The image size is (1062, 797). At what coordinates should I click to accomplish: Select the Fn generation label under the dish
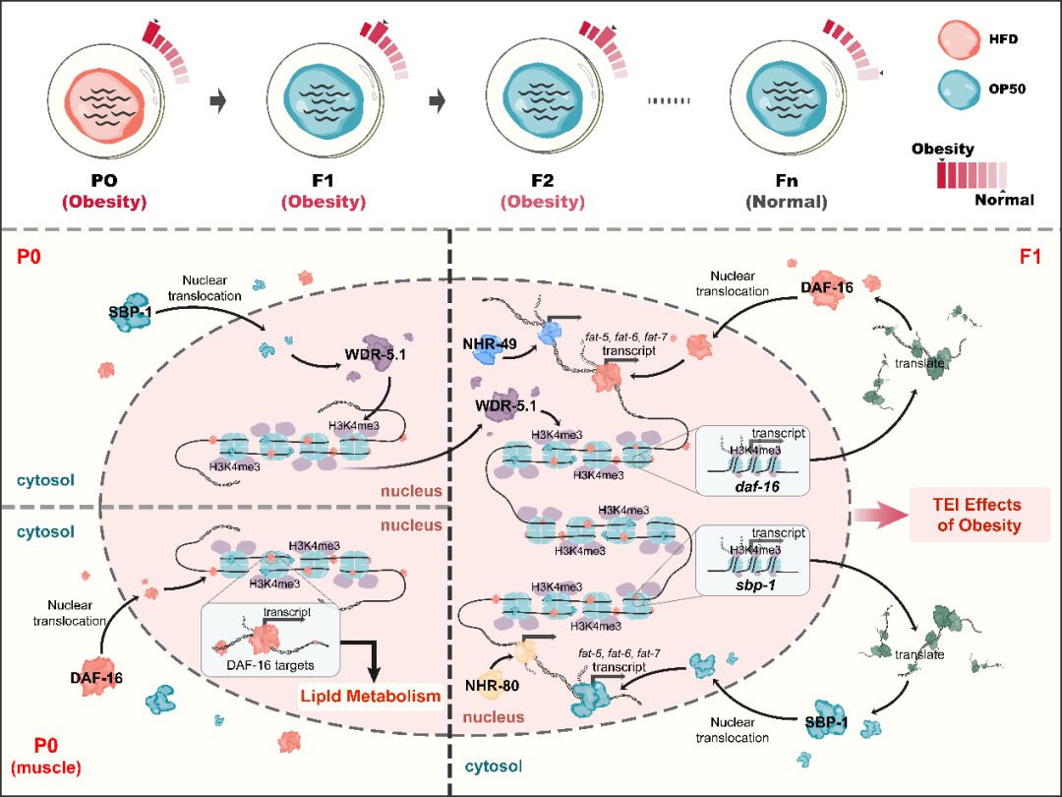coord(786,181)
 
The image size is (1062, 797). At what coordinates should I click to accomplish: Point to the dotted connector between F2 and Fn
coord(673,99)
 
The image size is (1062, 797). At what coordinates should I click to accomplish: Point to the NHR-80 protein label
coord(490,686)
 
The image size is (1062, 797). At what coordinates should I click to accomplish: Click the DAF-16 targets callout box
coord(267,640)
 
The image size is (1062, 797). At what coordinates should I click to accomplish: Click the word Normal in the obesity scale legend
coord(1004,200)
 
